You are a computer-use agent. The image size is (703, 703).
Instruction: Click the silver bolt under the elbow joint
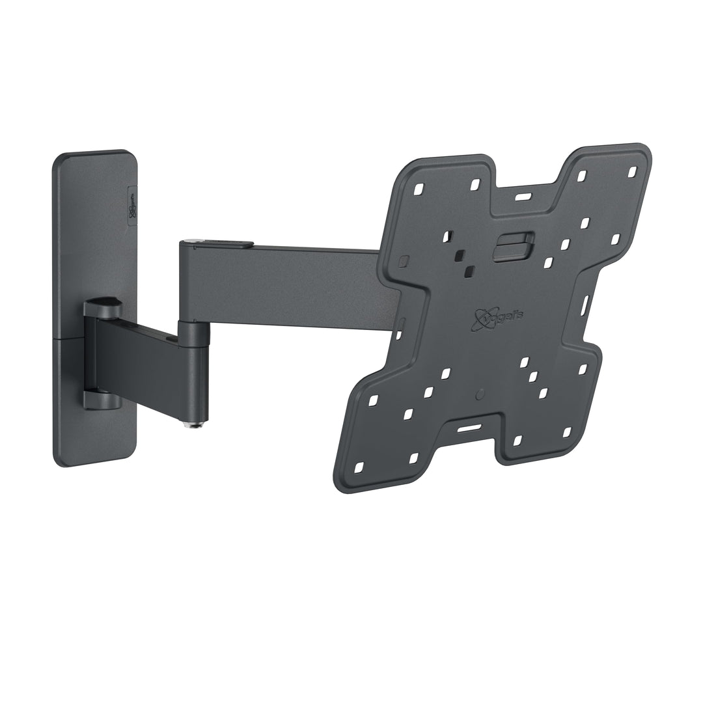pos(193,424)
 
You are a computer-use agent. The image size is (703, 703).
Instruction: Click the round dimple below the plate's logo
pos(480,394)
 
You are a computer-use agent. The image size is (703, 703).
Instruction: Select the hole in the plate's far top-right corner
pos(631,172)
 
